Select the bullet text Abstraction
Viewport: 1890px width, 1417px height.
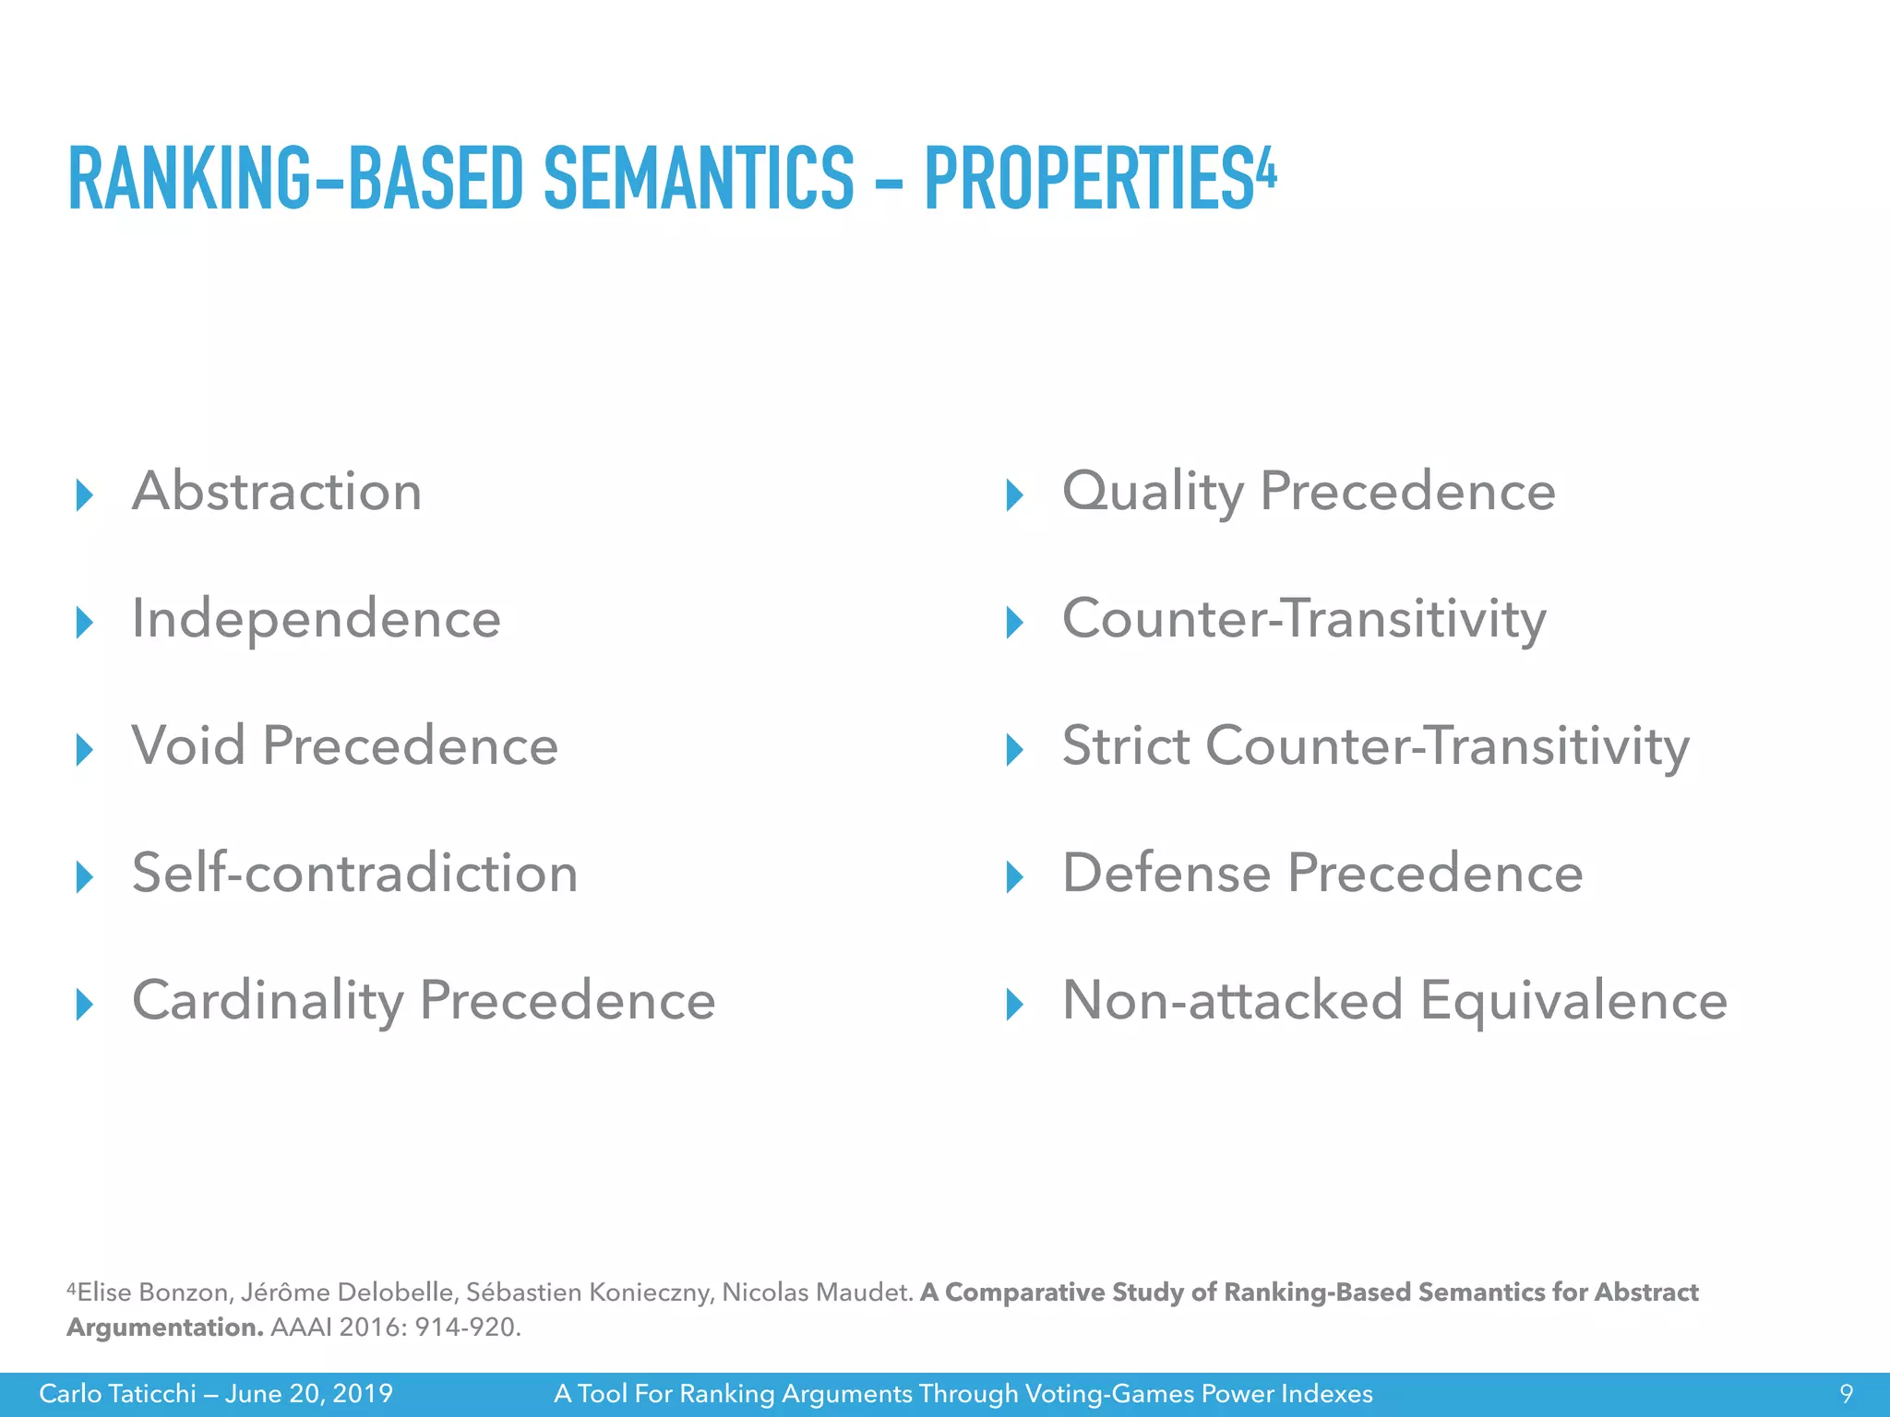pyautogui.click(x=277, y=491)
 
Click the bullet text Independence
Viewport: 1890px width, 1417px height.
pyautogui.click(x=316, y=618)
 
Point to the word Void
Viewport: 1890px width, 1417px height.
pyautogui.click(x=189, y=745)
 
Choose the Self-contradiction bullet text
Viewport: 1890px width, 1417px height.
pyautogui.click(x=354, y=873)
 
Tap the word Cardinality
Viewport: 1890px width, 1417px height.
pyautogui.click(x=268, y=1001)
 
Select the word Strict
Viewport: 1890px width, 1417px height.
pyautogui.click(x=1126, y=745)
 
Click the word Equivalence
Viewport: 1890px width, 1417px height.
pyautogui.click(x=1573, y=1001)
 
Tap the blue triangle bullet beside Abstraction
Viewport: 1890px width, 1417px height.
pyautogui.click(x=85, y=495)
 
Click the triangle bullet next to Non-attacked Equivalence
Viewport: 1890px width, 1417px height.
pyautogui.click(x=1014, y=1005)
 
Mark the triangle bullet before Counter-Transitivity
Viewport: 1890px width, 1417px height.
pyautogui.click(x=1014, y=623)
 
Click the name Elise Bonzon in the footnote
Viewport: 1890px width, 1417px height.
pyautogui.click(x=153, y=1292)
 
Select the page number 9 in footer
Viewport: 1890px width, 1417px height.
pyautogui.click(x=1847, y=1394)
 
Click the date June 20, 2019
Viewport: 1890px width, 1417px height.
pyautogui.click(x=309, y=1394)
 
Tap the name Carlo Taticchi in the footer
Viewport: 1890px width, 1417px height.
pyautogui.click(x=117, y=1394)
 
